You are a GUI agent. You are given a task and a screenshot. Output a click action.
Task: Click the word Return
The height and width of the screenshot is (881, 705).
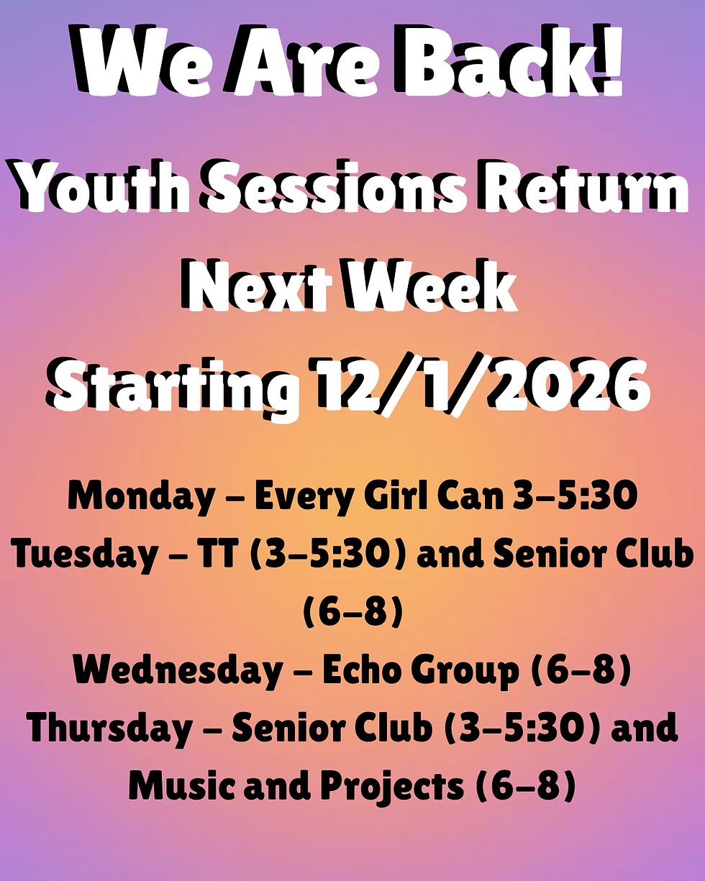(x=586, y=189)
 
